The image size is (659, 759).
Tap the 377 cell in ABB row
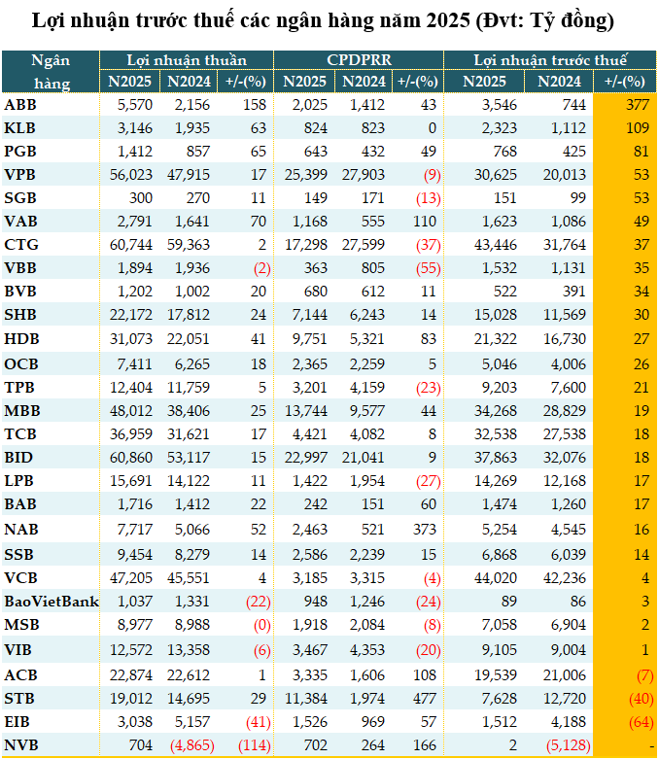[636, 104]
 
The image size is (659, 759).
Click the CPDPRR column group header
[358, 60]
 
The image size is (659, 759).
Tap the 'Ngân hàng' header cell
[51, 71]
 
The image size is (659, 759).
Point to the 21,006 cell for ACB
[561, 675]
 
